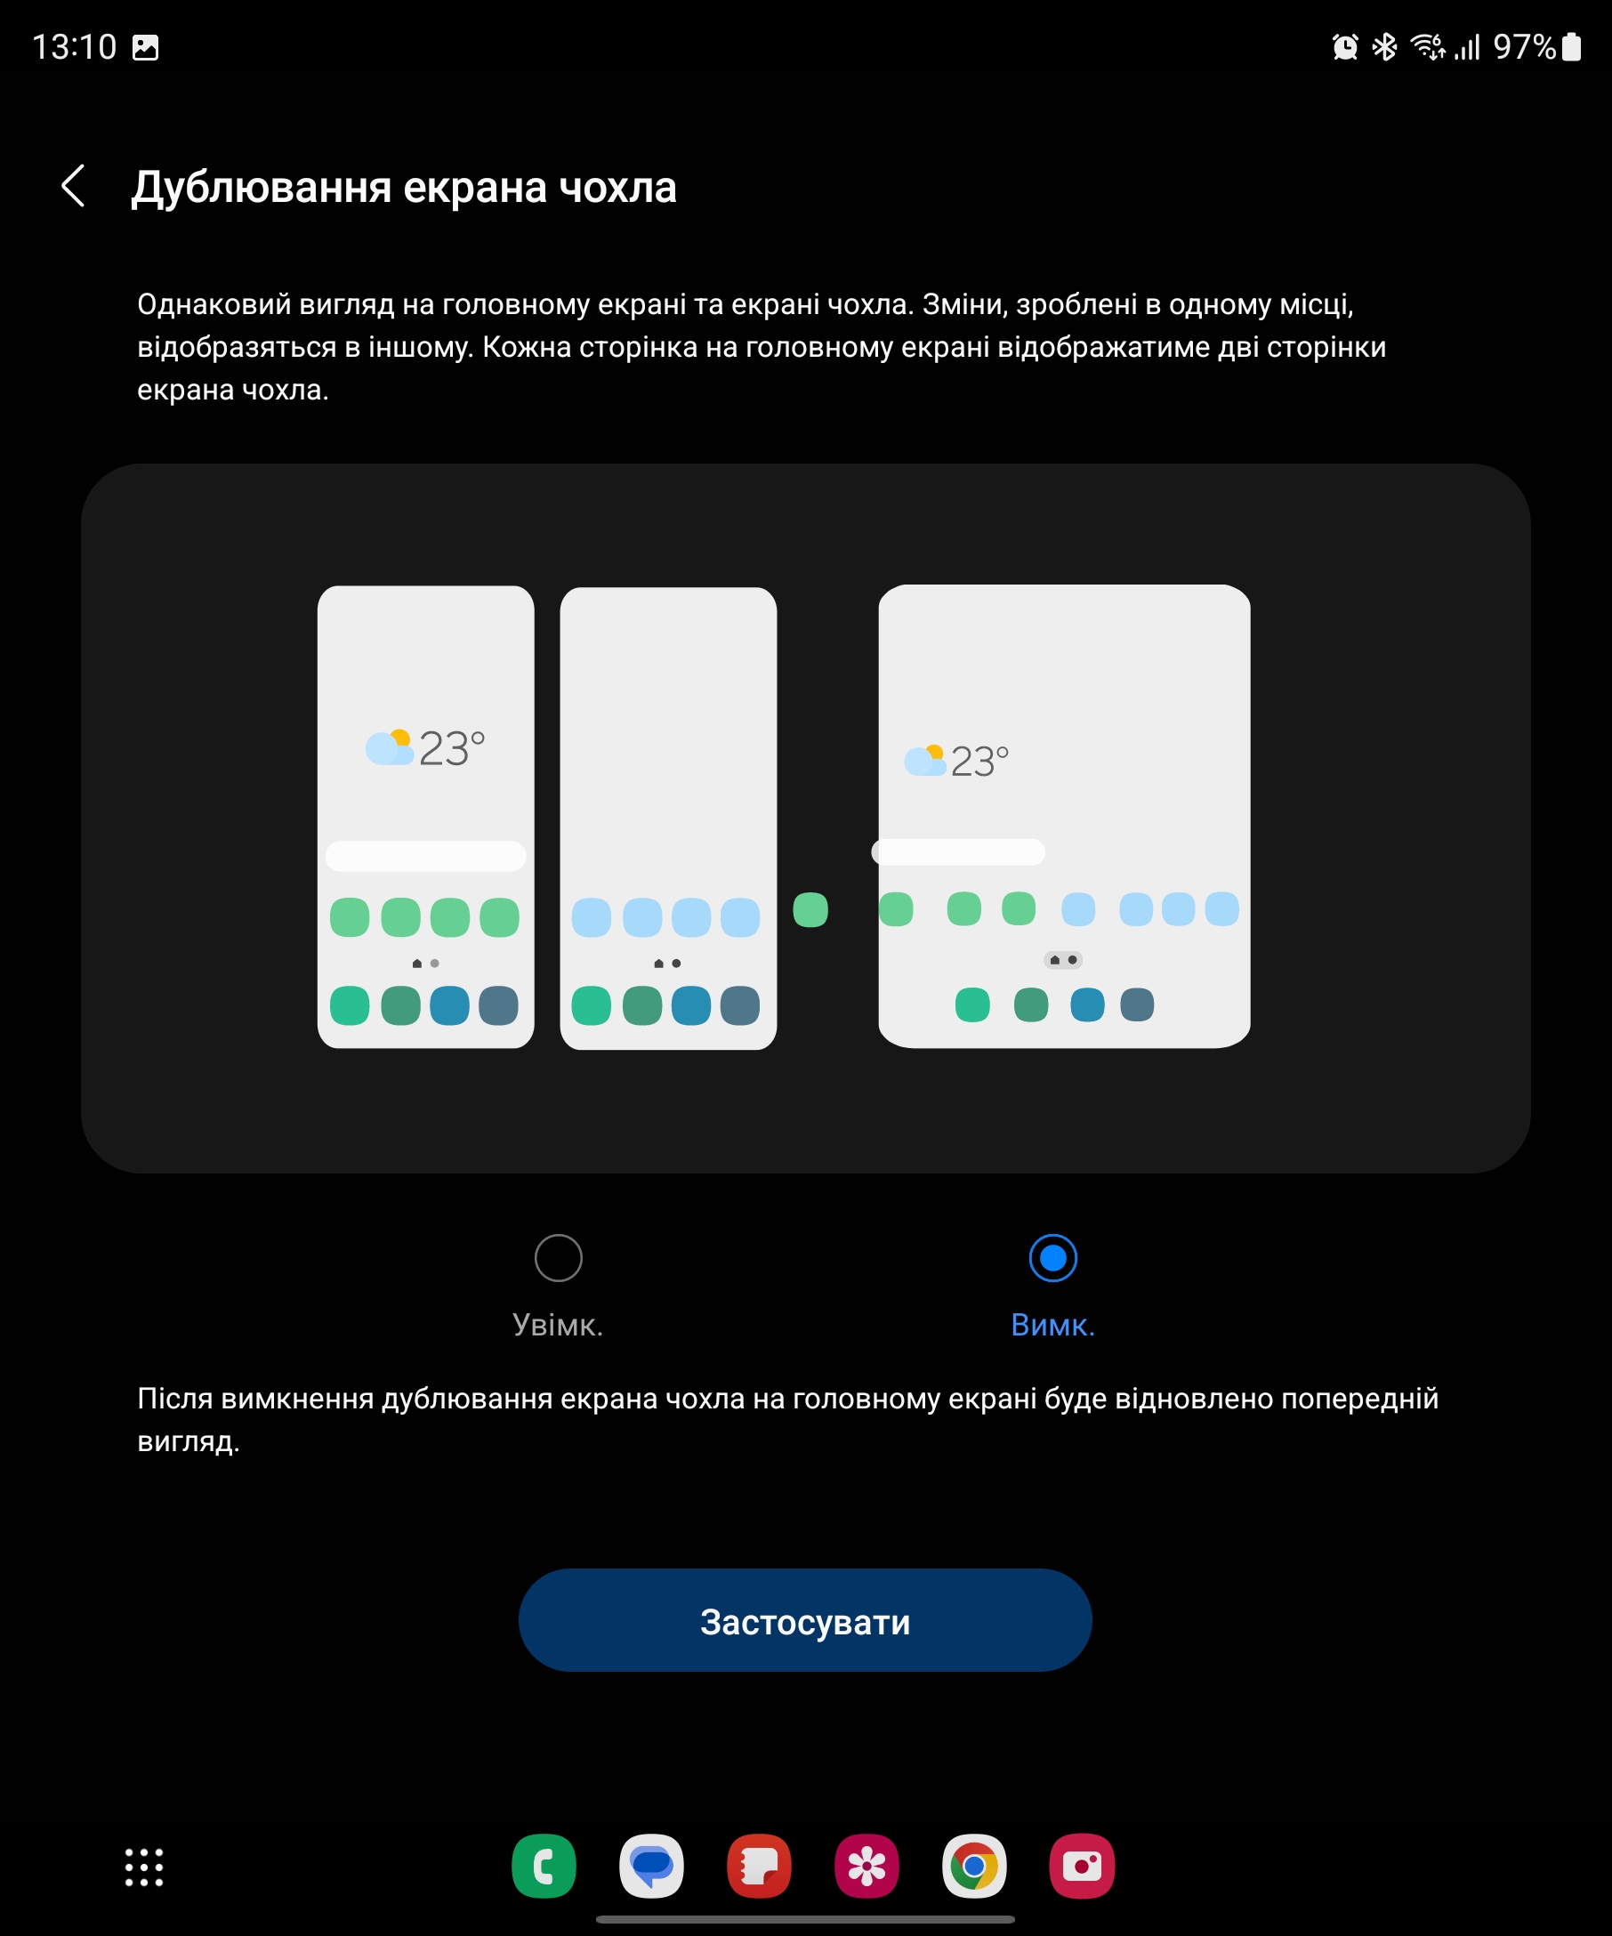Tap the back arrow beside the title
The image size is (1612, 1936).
click(x=73, y=186)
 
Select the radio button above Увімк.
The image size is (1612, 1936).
click(x=559, y=1257)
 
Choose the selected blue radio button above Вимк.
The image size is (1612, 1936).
click(x=1052, y=1257)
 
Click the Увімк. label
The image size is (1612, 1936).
click(x=558, y=1325)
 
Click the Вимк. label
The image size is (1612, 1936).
click(x=1052, y=1325)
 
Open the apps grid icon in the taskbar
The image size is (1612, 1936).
click(x=144, y=1867)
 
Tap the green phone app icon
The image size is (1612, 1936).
click(x=544, y=1866)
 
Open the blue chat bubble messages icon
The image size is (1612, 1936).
click(x=651, y=1866)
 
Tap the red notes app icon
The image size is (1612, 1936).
click(x=760, y=1866)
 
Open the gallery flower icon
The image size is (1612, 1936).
click(x=866, y=1866)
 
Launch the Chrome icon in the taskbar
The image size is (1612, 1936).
click(x=974, y=1866)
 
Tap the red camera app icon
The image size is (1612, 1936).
click(x=1082, y=1866)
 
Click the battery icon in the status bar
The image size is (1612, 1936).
click(x=1571, y=46)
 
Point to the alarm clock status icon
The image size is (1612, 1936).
click(x=1346, y=46)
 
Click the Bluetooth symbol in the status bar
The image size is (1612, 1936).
click(x=1384, y=46)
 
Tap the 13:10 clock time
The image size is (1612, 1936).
click(x=75, y=47)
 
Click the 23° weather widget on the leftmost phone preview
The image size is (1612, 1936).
click(x=425, y=747)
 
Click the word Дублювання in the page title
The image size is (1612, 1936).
click(x=261, y=187)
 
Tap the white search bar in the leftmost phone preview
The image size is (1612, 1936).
click(x=426, y=856)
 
